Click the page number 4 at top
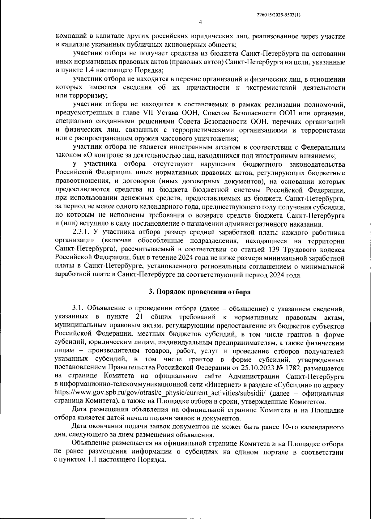(x=200, y=22)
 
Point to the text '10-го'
(x=290, y=427)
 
